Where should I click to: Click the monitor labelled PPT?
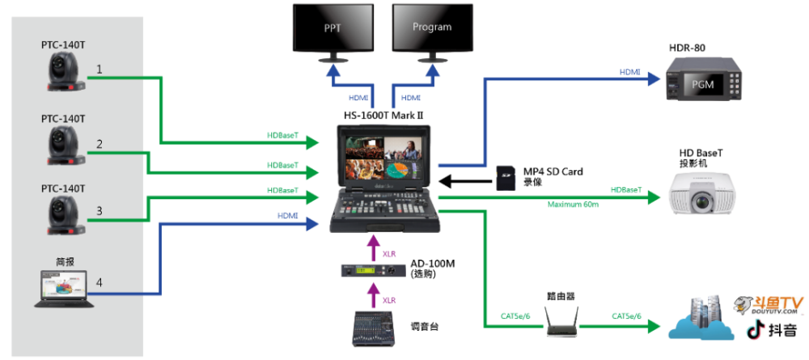point(332,28)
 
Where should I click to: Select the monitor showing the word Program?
point(432,28)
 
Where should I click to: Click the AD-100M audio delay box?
point(371,272)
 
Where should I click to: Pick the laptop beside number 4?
point(63,289)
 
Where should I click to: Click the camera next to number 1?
point(64,75)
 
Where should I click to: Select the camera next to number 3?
point(64,214)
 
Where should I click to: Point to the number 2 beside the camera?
point(100,144)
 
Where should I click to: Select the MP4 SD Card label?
point(553,172)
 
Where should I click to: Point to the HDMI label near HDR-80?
point(630,72)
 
